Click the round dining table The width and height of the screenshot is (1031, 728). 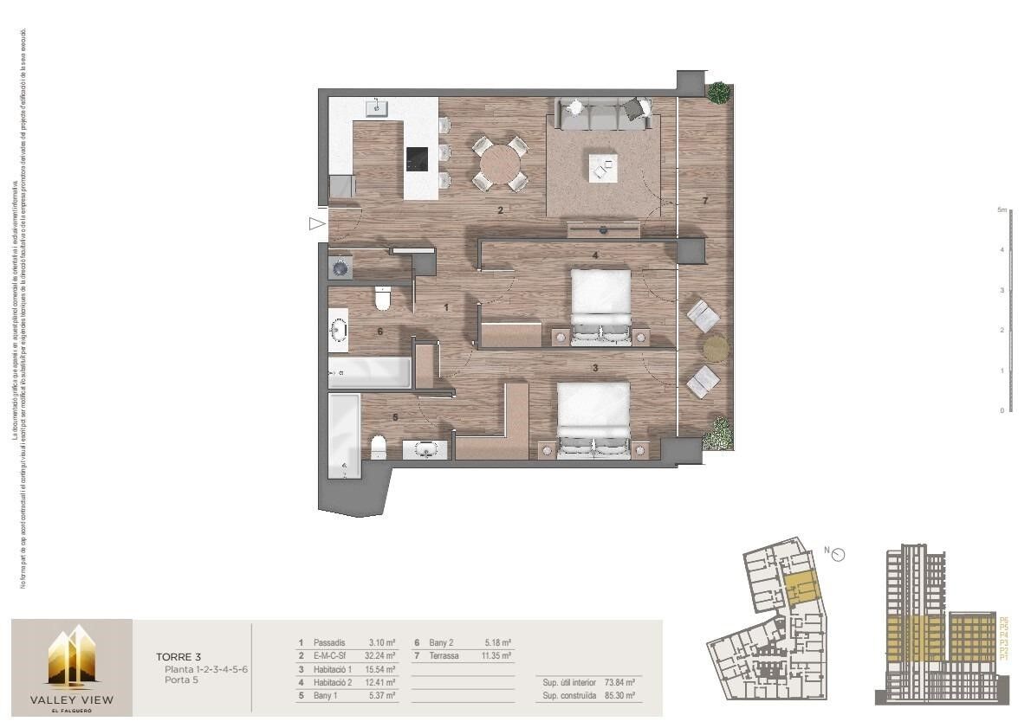(500, 162)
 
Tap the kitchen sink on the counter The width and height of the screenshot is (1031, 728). (377, 108)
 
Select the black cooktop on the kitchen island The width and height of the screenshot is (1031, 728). (417, 158)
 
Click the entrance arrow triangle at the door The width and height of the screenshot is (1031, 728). (316, 224)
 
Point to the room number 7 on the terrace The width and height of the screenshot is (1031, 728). (705, 201)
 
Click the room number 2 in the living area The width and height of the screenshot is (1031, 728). (500, 210)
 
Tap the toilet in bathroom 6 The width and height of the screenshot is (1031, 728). (381, 300)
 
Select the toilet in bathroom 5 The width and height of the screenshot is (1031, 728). (378, 448)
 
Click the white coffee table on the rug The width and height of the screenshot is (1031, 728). (603, 167)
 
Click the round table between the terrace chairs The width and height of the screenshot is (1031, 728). (716, 348)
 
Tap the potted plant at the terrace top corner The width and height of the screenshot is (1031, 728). (717, 93)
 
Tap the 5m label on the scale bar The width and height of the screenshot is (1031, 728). (1001, 210)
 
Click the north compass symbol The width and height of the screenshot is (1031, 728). (838, 555)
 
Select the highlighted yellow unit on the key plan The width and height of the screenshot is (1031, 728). (802, 589)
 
